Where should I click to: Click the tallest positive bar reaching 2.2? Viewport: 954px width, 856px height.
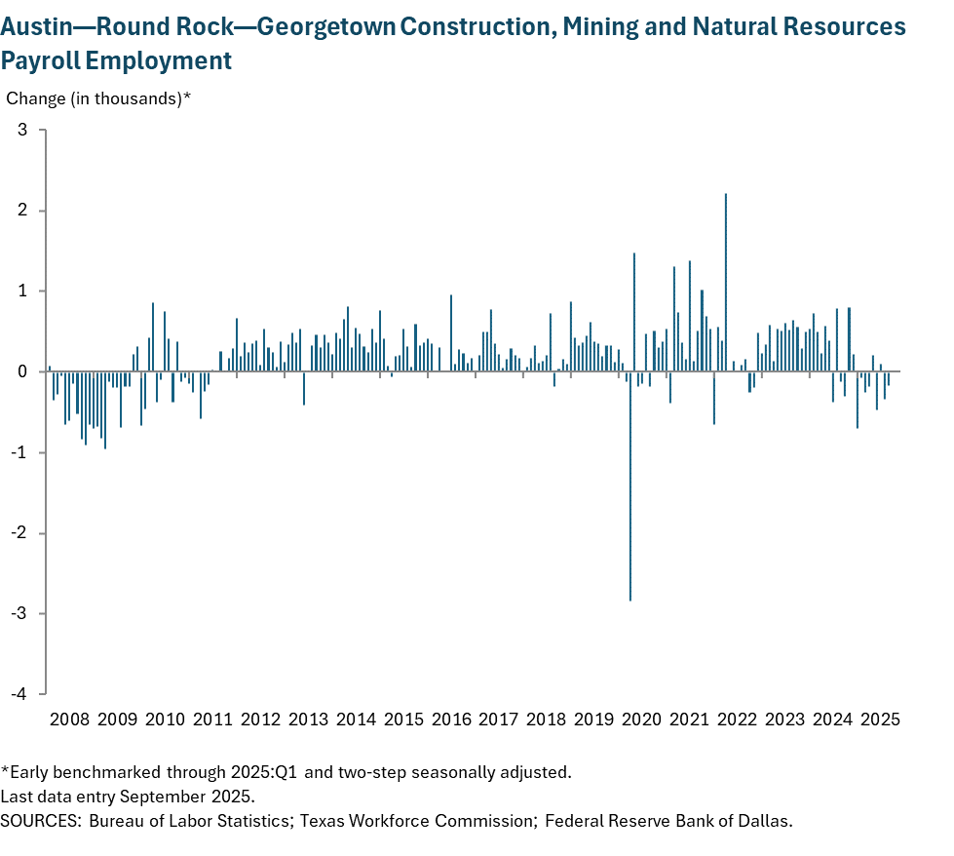click(x=726, y=283)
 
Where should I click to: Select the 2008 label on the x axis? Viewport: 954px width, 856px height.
click(x=69, y=720)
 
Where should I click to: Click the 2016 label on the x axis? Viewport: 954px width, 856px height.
click(x=451, y=720)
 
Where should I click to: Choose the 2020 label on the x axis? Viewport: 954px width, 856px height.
click(x=642, y=720)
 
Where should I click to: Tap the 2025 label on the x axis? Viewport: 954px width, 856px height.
click(x=880, y=720)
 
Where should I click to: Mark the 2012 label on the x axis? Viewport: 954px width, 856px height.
click(x=260, y=720)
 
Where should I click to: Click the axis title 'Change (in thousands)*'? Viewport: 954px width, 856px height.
click(x=98, y=98)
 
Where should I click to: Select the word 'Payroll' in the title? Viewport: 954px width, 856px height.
click(x=41, y=60)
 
